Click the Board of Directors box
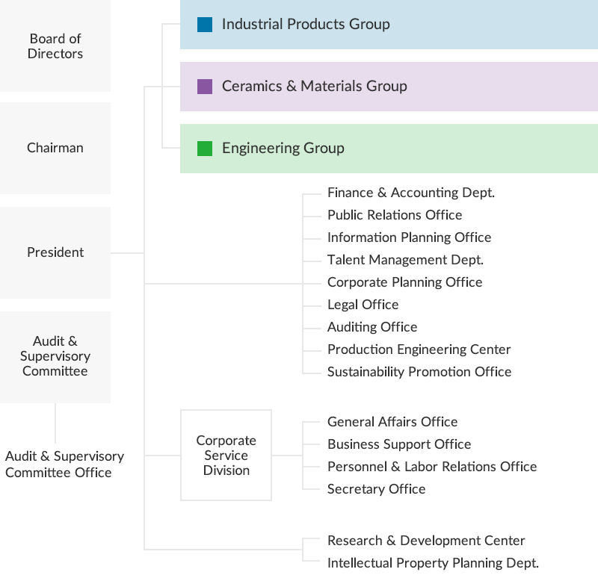point(55,46)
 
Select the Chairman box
point(55,148)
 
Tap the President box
point(55,252)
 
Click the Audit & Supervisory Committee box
point(55,356)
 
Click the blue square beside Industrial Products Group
point(205,25)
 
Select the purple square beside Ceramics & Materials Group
point(205,87)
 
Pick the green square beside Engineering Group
point(205,149)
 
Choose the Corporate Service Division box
point(226,455)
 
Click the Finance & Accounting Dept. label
point(411,193)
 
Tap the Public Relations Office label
point(395,215)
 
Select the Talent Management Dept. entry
point(405,260)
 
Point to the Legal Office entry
point(363,305)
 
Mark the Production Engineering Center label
point(419,349)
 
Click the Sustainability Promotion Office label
point(419,372)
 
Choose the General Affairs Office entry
point(392,422)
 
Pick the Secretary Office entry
point(376,489)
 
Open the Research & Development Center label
point(426,541)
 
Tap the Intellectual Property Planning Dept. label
point(433,563)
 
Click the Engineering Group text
point(283,149)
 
